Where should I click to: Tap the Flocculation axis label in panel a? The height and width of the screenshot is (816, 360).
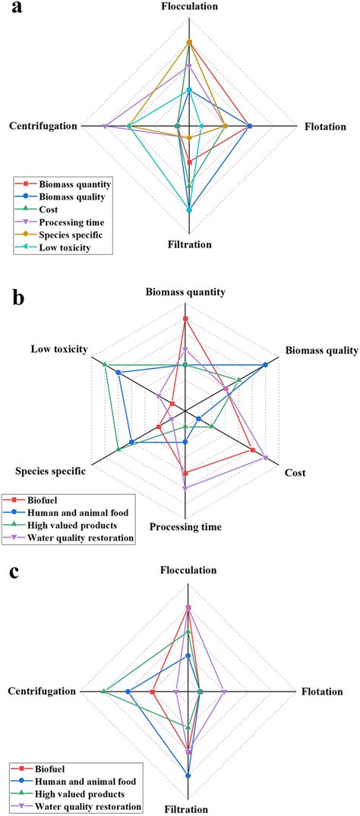[189, 7]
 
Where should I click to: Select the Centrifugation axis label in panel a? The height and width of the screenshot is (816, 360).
[43, 126]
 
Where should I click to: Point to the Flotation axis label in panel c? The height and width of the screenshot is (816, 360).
[324, 692]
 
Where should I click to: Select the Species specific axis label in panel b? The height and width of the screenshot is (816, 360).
[50, 472]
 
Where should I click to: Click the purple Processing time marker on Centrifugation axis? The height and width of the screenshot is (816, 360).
[104, 126]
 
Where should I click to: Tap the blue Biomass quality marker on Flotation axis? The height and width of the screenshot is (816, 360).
[249, 126]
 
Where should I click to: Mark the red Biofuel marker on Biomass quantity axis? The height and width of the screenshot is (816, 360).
[185, 319]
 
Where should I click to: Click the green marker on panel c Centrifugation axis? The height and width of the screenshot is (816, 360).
[103, 692]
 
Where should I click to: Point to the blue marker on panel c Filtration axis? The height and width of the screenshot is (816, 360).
[188, 775]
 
